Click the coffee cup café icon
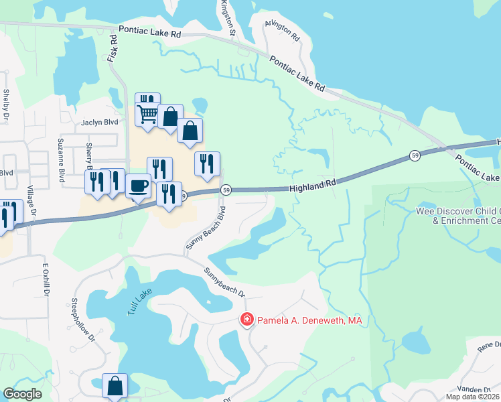[x=138, y=185]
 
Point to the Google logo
[x=22, y=394]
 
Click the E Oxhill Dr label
[x=46, y=279]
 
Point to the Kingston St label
[x=228, y=18]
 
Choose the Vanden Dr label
[x=474, y=389]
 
